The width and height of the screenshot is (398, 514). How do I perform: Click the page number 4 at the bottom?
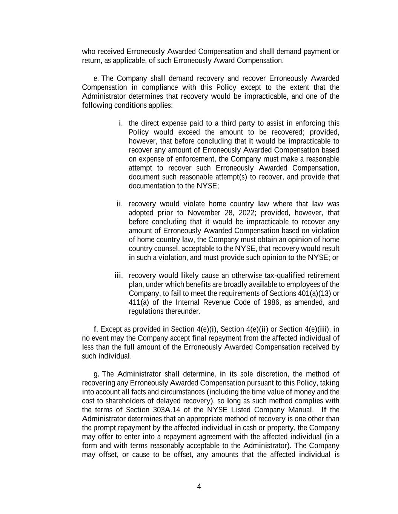pyautogui.click(x=199, y=487)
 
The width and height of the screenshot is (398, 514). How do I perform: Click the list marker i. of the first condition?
pyautogui.click(x=121, y=123)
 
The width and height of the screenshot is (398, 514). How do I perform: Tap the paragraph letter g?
pyautogui.click(x=96, y=374)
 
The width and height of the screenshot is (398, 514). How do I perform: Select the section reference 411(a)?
pyautogui.click(x=139, y=302)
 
